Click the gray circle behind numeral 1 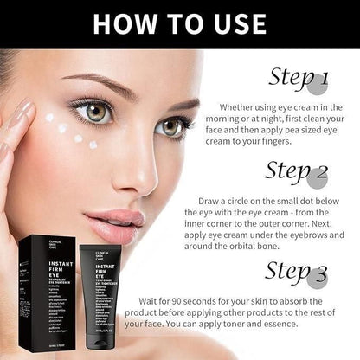[x=319, y=84]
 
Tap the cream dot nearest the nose [x=93, y=145]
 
